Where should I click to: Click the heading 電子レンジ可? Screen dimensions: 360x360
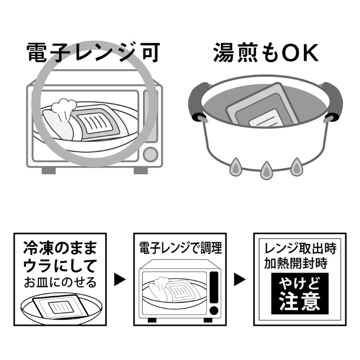point(92,53)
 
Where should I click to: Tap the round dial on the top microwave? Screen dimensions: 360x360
point(151,154)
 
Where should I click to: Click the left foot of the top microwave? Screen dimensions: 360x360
point(48,170)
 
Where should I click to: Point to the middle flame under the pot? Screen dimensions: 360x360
point(265,169)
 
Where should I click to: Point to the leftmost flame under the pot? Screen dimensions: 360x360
point(236,166)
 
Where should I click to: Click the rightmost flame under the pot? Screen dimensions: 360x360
point(296,165)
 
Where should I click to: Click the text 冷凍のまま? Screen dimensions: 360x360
point(60,248)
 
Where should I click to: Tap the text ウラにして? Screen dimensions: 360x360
point(60,265)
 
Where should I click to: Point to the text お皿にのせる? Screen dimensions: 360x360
point(60,282)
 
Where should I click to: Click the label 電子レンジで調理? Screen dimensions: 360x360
point(180,248)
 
